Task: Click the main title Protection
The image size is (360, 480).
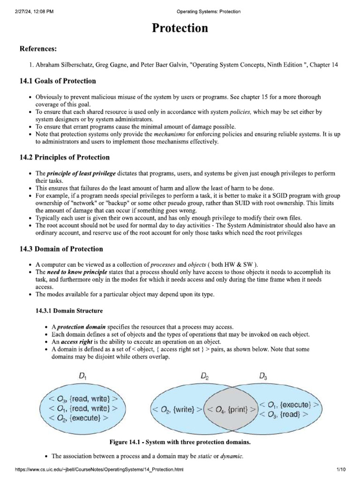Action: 180,28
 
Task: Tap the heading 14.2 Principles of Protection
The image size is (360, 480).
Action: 64,157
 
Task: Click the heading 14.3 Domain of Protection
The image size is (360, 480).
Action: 61,249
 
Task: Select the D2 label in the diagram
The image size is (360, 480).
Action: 205,376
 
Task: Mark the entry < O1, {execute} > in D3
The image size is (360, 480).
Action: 290,404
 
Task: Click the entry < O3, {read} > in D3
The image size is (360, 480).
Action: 283,414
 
